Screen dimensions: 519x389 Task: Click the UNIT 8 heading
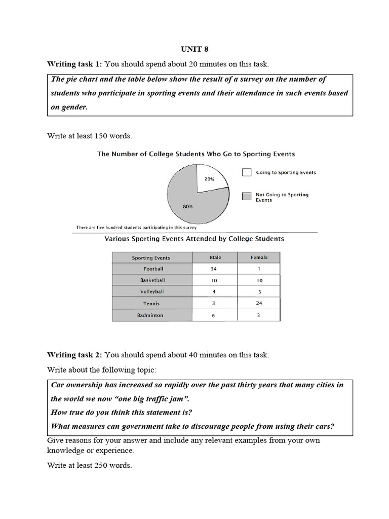pos(194,49)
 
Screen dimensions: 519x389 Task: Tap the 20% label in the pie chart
pos(209,179)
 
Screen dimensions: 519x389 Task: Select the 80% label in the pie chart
pos(188,206)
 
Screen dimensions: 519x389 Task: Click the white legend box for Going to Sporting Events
pos(247,172)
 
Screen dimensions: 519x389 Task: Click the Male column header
pos(215,257)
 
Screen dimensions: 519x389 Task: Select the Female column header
pos(259,257)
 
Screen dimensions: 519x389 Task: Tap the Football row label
pos(153,269)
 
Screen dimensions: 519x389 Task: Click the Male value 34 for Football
pos(215,269)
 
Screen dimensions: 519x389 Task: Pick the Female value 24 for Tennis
pos(259,304)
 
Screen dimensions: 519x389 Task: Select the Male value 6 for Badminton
pos(215,315)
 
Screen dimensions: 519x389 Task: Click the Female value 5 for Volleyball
pos(259,292)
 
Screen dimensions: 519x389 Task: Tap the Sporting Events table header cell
pos(151,257)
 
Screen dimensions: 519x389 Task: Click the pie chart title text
pos(196,154)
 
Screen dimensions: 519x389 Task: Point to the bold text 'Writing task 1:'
pos(74,64)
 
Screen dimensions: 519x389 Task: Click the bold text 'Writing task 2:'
pos(74,354)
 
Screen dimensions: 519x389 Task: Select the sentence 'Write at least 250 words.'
pos(90,465)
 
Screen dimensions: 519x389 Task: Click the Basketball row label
pos(153,280)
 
